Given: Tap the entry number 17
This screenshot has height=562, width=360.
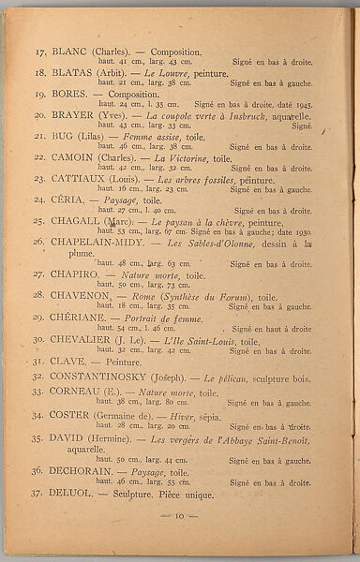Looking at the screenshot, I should point(39,52).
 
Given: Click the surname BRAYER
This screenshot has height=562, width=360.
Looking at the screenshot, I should point(75,115).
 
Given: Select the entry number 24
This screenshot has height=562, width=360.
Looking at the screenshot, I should point(39,200).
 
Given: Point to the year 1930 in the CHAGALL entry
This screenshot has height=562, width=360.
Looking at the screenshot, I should point(301,231).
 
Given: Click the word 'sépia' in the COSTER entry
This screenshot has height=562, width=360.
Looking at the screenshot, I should point(209,415).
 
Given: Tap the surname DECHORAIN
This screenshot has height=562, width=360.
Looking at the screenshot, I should point(86,472).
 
